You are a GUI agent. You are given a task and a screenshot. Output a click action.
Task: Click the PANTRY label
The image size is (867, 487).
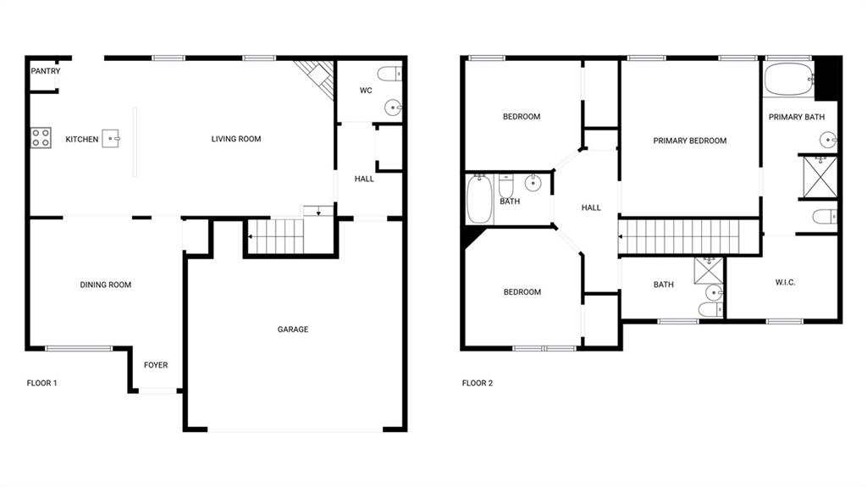[46, 71]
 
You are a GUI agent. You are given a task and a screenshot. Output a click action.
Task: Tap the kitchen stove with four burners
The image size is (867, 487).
[41, 138]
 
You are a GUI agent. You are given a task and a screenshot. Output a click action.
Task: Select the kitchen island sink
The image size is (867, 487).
[111, 138]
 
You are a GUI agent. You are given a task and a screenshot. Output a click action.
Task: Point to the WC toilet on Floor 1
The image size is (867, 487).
[389, 74]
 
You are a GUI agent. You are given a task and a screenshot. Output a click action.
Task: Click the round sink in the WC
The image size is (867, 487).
[393, 108]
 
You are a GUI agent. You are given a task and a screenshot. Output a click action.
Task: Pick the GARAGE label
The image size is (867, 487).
[293, 329]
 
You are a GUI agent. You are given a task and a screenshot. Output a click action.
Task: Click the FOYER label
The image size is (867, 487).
[156, 365]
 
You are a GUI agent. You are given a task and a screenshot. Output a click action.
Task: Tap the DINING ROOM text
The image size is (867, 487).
[106, 285]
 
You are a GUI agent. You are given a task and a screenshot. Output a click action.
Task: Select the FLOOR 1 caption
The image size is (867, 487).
[42, 383]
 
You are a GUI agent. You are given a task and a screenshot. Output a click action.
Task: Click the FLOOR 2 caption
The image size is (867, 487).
[478, 383]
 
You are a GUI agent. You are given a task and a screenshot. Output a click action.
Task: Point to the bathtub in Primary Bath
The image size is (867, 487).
[789, 80]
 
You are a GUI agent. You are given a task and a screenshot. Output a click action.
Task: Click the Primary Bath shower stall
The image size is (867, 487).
[820, 177]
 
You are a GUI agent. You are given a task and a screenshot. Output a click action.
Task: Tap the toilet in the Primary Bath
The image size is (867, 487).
[825, 216]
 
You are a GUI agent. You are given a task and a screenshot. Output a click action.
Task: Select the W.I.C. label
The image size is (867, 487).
[785, 282]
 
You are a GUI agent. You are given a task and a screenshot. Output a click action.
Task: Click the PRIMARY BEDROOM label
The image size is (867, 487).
[690, 141]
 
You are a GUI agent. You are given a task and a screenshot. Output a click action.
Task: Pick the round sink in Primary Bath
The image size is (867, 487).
[828, 140]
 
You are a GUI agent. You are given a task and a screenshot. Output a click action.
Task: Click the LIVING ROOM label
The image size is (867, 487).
[236, 139]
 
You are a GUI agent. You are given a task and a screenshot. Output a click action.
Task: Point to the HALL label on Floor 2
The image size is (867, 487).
[591, 208]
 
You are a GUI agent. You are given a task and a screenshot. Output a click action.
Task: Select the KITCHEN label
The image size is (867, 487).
[82, 140]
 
